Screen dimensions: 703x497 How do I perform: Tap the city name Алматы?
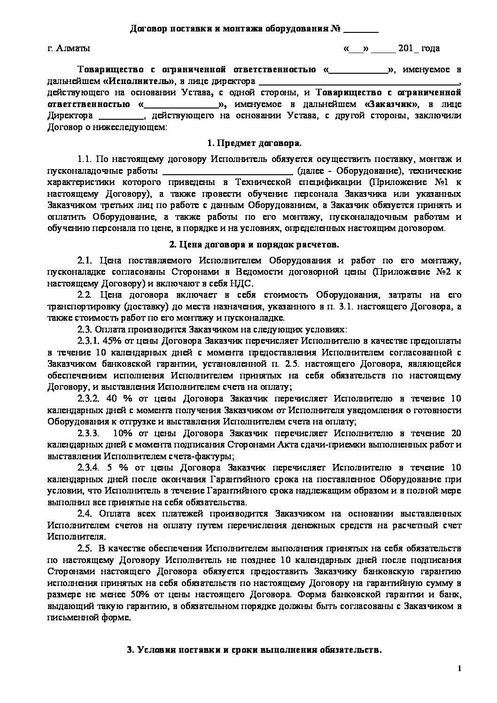click(x=73, y=48)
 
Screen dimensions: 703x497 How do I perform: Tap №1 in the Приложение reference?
click(x=446, y=182)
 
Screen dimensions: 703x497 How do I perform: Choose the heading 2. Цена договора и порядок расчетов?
click(x=254, y=245)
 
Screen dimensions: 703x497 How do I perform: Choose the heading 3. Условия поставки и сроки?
click(x=254, y=650)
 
